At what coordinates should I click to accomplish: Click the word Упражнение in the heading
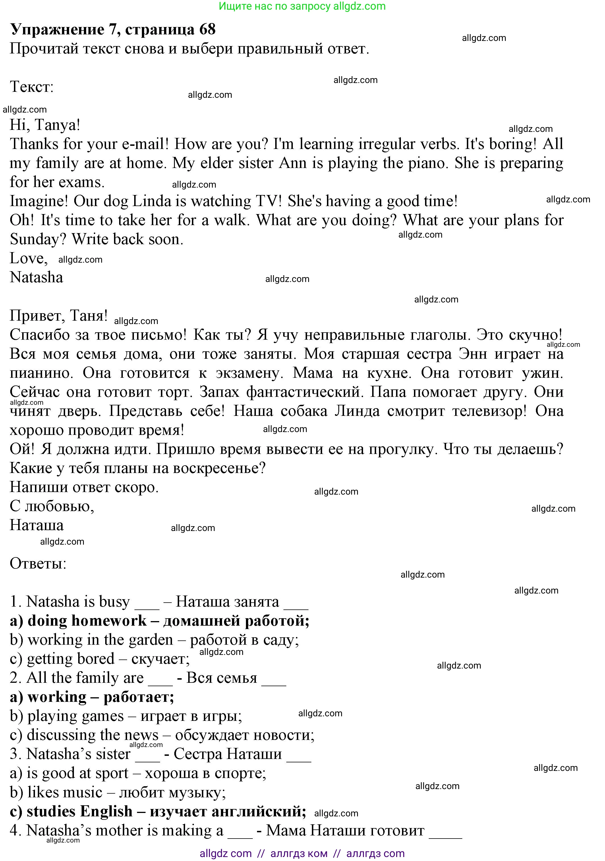(x=57, y=30)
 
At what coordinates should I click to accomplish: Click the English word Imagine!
(x=39, y=201)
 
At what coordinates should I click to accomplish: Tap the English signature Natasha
(x=36, y=277)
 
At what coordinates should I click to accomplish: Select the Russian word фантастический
(x=304, y=392)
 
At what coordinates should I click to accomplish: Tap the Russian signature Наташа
(x=36, y=525)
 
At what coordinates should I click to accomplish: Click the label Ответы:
(x=38, y=563)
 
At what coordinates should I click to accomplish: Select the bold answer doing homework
(x=87, y=621)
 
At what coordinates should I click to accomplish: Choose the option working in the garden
(x=100, y=640)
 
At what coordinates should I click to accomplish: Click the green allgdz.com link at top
(x=359, y=6)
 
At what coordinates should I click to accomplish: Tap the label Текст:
(x=32, y=87)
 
